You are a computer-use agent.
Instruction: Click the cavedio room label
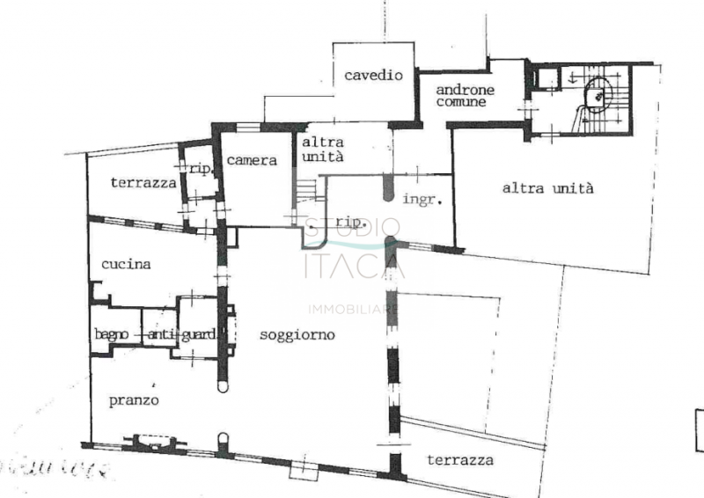(x=373, y=76)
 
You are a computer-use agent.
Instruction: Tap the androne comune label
(x=466, y=96)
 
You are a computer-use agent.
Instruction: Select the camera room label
(x=252, y=161)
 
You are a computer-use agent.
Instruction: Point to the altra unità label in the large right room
(x=548, y=187)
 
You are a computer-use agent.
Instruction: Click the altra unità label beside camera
(x=323, y=149)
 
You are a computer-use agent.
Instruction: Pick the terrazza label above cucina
(x=143, y=183)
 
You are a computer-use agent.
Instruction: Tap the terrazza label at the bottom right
(x=459, y=460)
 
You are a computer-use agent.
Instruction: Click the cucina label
(x=126, y=264)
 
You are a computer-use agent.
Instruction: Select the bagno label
(x=114, y=334)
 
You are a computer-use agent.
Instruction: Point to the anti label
(x=162, y=334)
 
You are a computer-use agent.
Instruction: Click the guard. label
(x=199, y=334)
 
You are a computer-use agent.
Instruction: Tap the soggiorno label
(x=297, y=334)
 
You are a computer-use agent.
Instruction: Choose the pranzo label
(x=134, y=400)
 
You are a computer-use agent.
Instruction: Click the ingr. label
(x=422, y=200)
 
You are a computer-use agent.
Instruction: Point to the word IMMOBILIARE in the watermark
(x=352, y=309)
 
